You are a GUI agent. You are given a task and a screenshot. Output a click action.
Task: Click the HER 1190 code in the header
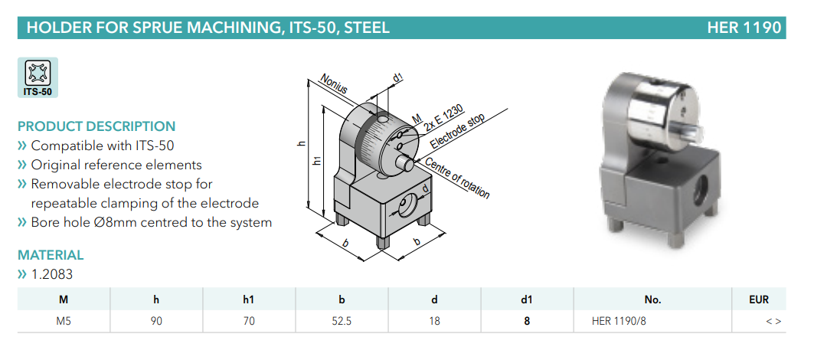click(x=744, y=28)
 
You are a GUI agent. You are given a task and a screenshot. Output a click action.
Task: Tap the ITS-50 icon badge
click(x=38, y=77)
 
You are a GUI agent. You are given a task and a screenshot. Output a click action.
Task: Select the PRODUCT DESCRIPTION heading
click(x=96, y=126)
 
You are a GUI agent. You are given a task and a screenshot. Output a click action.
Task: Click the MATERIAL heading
click(x=51, y=255)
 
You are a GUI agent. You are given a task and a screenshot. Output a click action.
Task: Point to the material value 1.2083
click(x=52, y=274)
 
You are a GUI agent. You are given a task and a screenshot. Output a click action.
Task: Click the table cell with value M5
click(x=64, y=322)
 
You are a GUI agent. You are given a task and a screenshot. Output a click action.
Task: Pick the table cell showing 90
click(x=156, y=322)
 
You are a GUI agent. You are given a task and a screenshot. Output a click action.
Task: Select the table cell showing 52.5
click(x=342, y=322)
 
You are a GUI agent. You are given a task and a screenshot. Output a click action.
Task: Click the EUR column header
click(x=759, y=300)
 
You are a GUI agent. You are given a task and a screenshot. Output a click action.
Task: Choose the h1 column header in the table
click(x=248, y=300)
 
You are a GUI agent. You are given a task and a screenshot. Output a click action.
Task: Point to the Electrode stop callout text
click(x=457, y=131)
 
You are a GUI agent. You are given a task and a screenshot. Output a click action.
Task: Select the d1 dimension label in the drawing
click(x=397, y=77)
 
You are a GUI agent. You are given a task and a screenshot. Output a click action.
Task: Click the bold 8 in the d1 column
click(x=527, y=322)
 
